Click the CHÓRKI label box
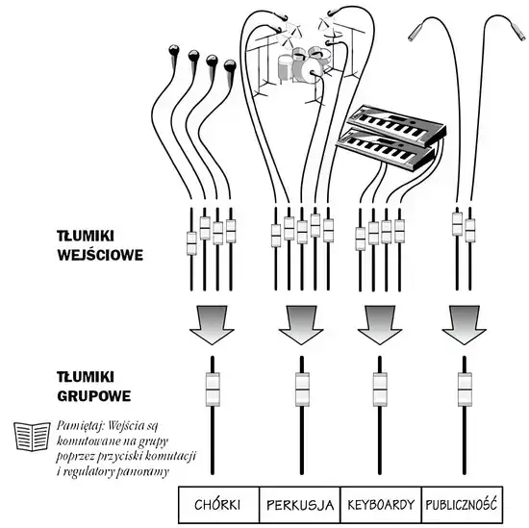(218, 505)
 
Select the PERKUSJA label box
(300, 505)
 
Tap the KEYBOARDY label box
(381, 505)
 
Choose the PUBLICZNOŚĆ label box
(463, 505)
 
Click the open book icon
(32, 437)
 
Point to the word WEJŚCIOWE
(100, 255)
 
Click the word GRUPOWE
(94, 396)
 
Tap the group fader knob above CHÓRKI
(213, 390)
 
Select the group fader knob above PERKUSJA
(302, 390)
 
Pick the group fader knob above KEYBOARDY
(380, 390)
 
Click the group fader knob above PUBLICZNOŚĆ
(465, 390)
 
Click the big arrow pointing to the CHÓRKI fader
(212, 324)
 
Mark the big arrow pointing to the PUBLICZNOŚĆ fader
(464, 324)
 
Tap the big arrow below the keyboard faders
(380, 324)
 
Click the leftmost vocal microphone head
(174, 50)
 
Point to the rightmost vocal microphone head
(231, 65)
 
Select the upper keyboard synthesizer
(397, 125)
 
